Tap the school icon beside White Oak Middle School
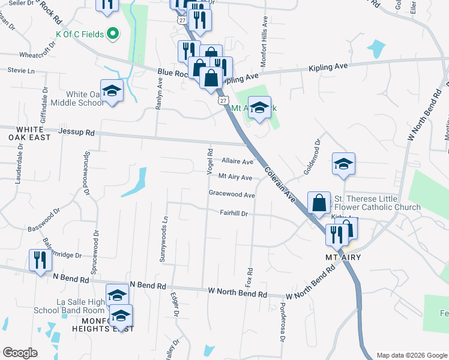click(112, 91)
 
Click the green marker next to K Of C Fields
click(111, 34)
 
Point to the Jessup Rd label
click(77, 132)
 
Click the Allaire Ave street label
click(237, 161)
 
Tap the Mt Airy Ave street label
click(235, 177)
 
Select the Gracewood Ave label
click(232, 194)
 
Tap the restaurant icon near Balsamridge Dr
click(40, 260)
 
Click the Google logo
click(20, 353)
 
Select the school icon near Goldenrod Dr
click(343, 164)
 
